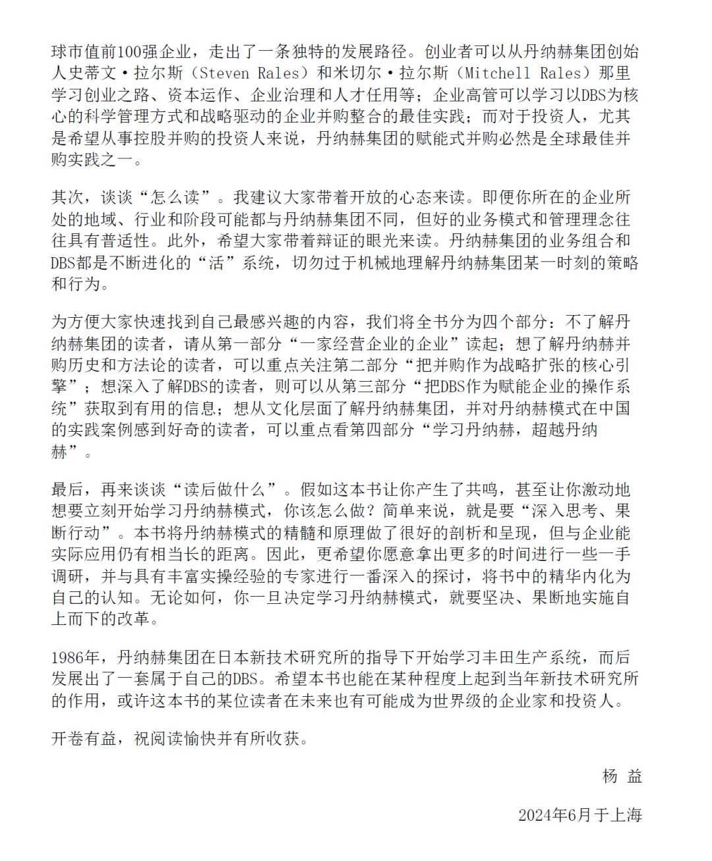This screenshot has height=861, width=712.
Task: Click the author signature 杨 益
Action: coord(622,776)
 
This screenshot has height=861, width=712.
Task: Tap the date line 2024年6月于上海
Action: coord(579,815)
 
